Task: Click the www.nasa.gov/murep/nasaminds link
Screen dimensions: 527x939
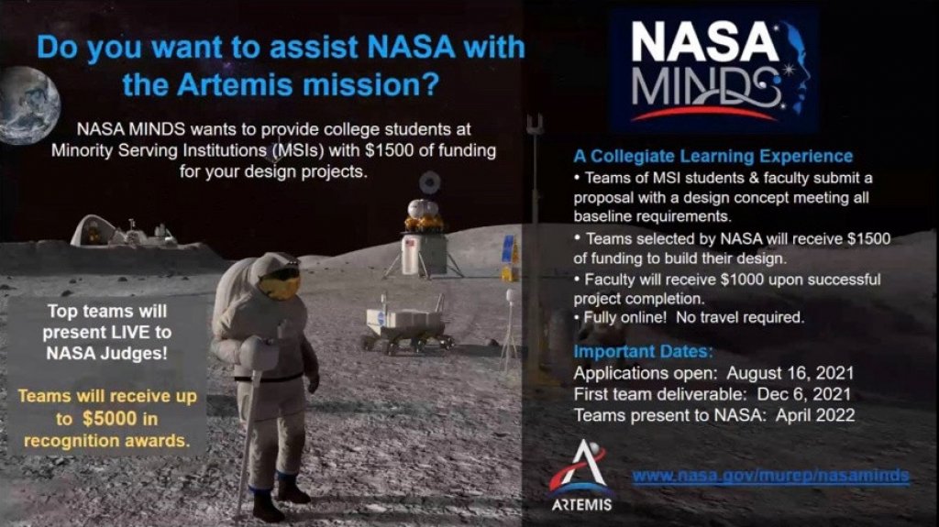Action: coord(771,476)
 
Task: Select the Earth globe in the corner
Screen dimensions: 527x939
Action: coord(28,105)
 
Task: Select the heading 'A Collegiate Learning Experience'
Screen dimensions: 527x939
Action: coord(713,156)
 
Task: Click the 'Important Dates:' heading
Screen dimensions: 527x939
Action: coord(642,351)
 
